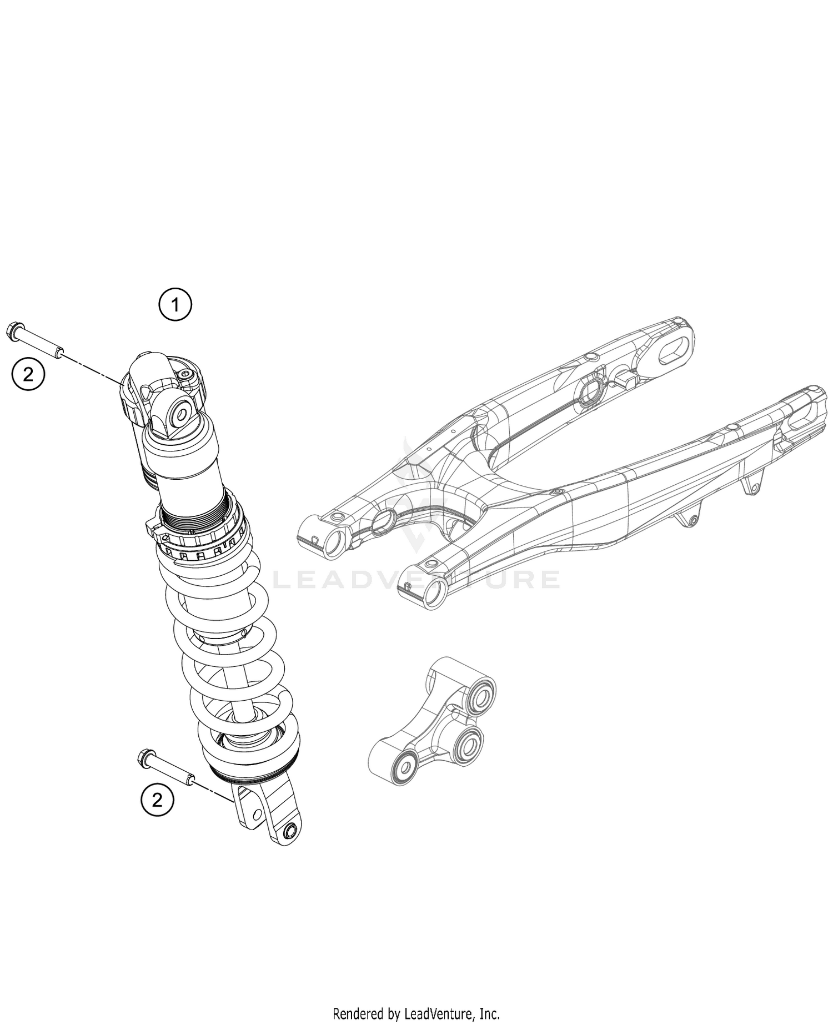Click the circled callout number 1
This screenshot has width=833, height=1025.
[x=175, y=305]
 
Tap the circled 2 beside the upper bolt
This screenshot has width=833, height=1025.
[x=28, y=375]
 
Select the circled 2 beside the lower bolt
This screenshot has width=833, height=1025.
[x=157, y=800]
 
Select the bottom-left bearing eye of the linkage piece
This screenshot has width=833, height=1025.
[x=403, y=767]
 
